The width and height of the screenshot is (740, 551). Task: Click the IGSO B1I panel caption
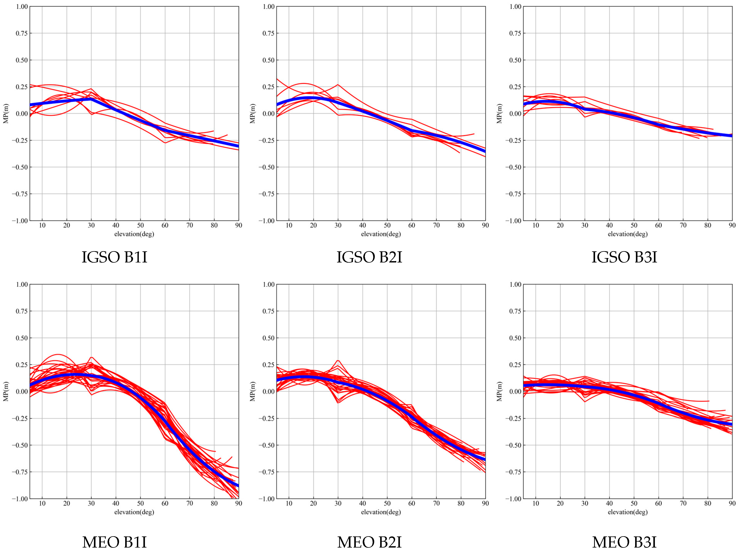[114, 257]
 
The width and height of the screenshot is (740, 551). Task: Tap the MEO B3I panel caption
[624, 542]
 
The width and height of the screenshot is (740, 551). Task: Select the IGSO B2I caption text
[369, 257]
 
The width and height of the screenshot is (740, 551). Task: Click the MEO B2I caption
[369, 542]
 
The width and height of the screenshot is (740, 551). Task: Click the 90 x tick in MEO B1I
[238, 503]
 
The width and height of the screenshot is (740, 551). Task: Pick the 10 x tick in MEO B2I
[289, 503]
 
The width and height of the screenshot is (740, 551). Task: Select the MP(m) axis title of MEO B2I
[252, 391]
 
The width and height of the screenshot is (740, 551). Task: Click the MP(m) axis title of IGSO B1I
[6, 113]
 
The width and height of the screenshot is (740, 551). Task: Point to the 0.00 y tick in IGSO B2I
[268, 114]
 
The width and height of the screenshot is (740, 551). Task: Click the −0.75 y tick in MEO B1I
[20, 472]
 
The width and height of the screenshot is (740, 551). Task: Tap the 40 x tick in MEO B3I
[609, 503]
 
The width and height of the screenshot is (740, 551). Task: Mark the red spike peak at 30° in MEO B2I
[338, 361]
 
